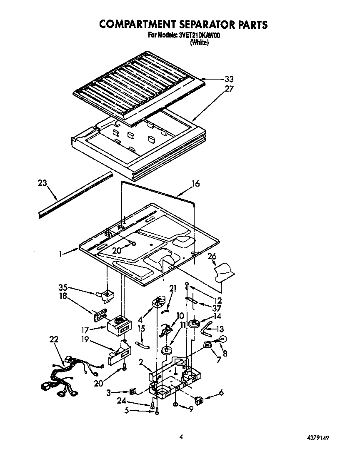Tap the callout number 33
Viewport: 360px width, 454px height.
(x=229, y=79)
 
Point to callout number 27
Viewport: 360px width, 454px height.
(x=229, y=89)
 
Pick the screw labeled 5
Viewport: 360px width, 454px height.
(x=157, y=412)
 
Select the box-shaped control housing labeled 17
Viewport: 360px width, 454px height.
(x=117, y=325)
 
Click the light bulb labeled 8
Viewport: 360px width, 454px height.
(x=221, y=339)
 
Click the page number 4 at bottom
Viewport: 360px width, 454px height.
(x=181, y=437)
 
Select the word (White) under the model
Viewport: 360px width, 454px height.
(x=199, y=42)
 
